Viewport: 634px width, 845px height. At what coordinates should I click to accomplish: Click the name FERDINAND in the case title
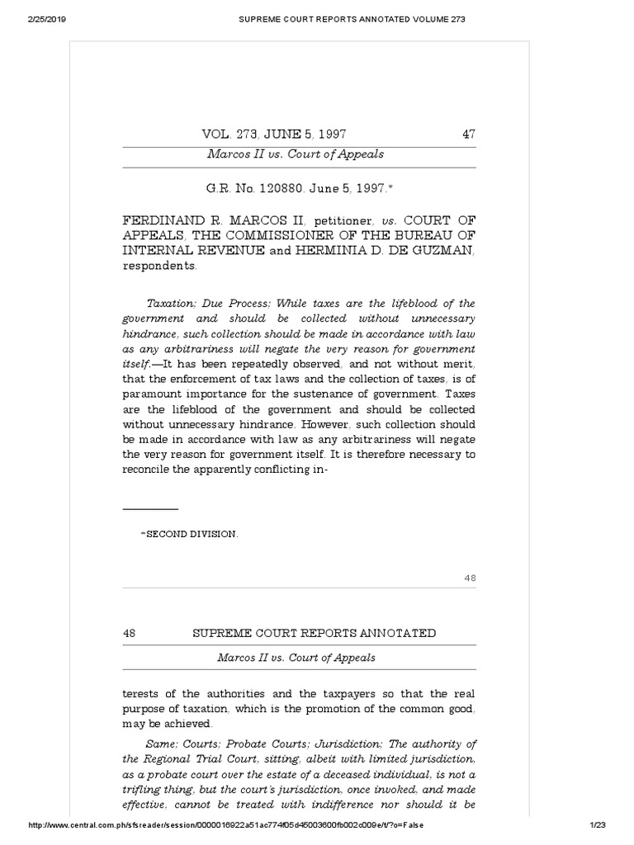click(x=165, y=222)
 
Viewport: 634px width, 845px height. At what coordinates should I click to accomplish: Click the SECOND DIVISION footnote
click(x=191, y=534)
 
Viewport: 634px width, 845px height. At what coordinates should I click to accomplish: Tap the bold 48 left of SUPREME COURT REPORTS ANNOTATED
click(x=129, y=633)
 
